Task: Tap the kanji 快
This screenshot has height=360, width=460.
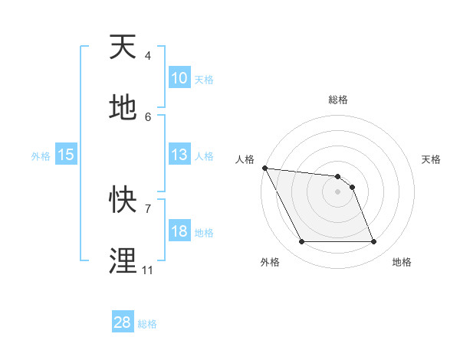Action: [123, 200]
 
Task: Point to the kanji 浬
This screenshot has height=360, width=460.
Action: [123, 261]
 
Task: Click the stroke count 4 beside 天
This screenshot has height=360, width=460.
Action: [147, 55]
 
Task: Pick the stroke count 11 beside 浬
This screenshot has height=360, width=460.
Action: [147, 270]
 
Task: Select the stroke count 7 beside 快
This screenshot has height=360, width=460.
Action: [147, 208]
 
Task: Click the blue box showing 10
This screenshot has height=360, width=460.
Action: [179, 78]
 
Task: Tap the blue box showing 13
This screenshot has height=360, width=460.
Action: [179, 155]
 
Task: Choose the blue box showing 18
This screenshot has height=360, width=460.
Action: [179, 231]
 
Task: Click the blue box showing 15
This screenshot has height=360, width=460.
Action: [66, 155]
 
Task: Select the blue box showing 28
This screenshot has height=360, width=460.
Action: [122, 322]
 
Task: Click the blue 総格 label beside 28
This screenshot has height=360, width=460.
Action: [147, 324]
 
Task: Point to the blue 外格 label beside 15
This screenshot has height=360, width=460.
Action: [41, 156]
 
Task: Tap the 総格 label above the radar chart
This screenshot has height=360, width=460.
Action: [338, 100]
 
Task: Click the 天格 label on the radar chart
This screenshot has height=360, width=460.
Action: [431, 159]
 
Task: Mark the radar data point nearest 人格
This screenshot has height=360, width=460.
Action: [264, 168]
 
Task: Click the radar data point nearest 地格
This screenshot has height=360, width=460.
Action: [373, 242]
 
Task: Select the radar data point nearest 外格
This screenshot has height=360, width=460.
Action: [301, 242]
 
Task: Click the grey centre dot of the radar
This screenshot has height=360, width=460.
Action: [337, 191]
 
